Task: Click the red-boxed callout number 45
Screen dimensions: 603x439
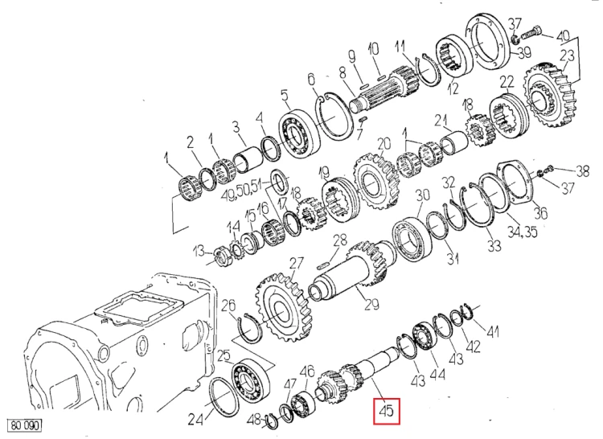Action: coord(387,412)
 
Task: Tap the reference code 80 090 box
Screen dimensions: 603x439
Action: coord(25,425)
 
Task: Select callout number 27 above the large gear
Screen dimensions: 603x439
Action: coord(297,264)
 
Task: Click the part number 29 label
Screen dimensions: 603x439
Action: coord(371,304)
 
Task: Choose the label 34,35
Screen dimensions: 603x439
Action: coord(522,232)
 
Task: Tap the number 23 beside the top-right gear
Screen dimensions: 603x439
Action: coord(567,55)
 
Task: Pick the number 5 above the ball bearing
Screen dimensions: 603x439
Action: coord(284,95)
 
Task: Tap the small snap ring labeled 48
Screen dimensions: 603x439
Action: coord(272,421)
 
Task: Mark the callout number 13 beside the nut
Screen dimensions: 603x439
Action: coord(199,252)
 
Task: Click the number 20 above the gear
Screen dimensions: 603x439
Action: coord(384,143)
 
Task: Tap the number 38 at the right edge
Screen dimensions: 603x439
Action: coord(583,170)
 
